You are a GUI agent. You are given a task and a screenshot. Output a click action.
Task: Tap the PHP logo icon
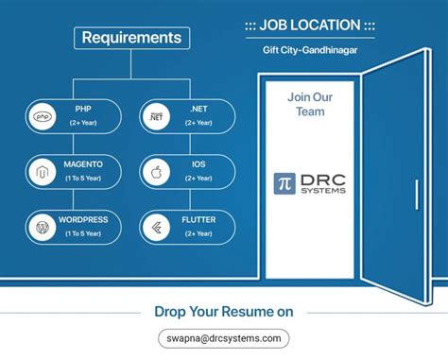(x=43, y=116)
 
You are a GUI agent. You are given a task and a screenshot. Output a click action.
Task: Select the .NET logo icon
(x=155, y=116)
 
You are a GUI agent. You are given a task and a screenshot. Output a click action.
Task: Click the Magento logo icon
(x=43, y=172)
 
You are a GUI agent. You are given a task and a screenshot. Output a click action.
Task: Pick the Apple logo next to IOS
(x=155, y=172)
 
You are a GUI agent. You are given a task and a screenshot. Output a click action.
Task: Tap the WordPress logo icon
(x=43, y=227)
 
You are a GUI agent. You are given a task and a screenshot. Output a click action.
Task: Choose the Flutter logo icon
(x=155, y=227)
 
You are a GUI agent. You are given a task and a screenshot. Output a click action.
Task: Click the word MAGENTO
(x=82, y=164)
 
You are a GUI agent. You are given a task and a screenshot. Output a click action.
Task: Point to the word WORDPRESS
(x=82, y=219)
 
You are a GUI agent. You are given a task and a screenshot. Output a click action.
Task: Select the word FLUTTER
(x=198, y=219)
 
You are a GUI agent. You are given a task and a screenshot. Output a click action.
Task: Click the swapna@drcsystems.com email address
(x=223, y=338)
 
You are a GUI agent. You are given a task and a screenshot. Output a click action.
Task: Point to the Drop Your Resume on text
(x=223, y=312)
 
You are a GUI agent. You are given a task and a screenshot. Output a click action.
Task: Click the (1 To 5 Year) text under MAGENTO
(x=82, y=179)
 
